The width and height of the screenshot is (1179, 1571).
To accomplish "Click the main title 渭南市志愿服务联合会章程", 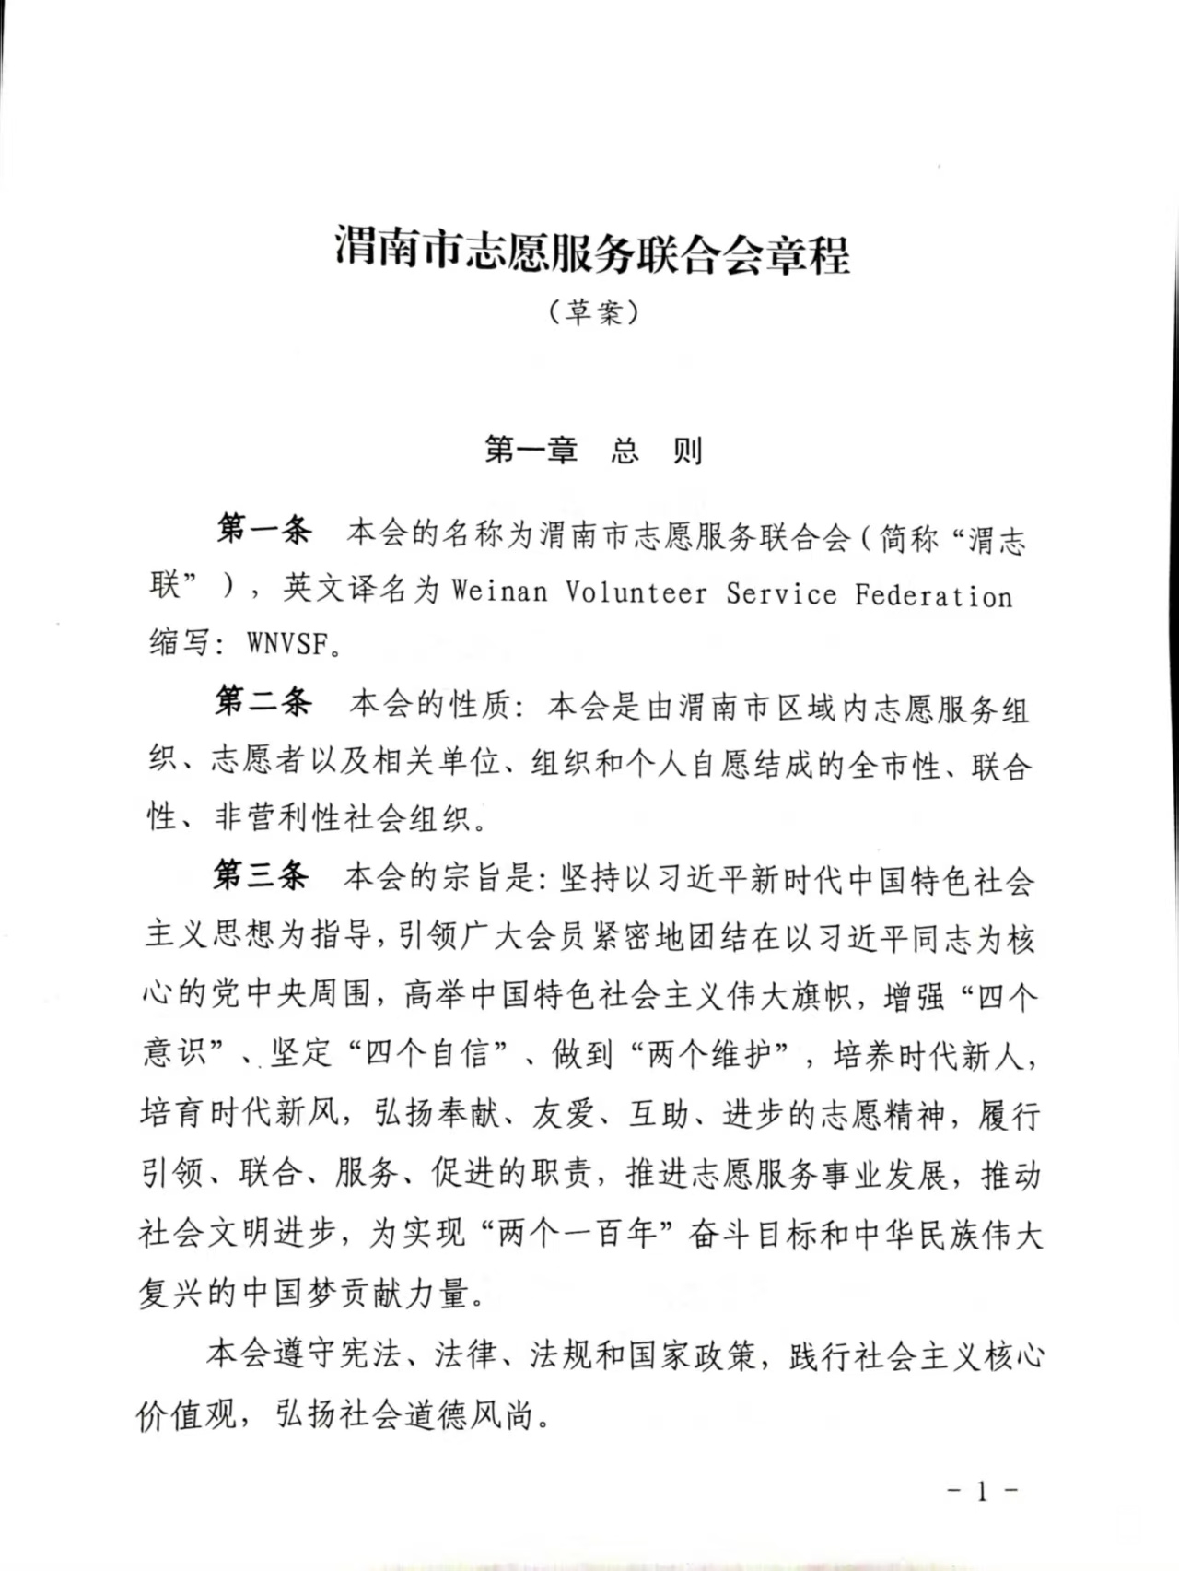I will (591, 252).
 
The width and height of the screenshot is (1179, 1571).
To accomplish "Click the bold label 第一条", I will (264, 531).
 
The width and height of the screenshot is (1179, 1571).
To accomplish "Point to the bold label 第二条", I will (263, 702).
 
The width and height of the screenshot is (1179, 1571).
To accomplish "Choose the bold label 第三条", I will (262, 874).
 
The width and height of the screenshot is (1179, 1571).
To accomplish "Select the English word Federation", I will (933, 595).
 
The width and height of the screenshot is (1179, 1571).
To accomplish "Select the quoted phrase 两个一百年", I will (577, 1233).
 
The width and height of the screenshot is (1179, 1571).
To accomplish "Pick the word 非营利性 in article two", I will (278, 817).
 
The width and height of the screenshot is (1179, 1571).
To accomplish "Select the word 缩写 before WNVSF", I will (180, 643).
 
